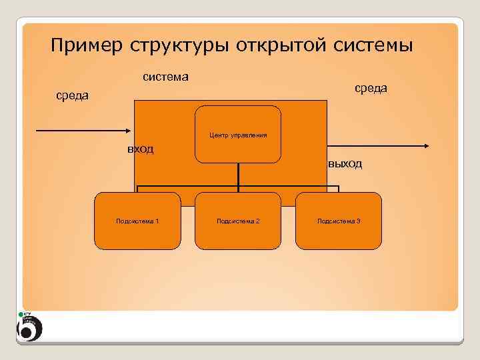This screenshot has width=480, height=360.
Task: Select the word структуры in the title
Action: point(168,46)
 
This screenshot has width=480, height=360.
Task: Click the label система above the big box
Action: point(165,77)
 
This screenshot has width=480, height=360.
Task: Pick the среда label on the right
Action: point(370,88)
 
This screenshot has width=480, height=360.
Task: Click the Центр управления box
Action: point(238,133)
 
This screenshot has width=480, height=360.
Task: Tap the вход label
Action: point(141,149)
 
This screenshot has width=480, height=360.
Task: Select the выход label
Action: point(345,164)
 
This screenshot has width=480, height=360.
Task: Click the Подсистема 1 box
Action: point(137,221)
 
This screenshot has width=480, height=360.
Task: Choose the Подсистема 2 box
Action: point(238,221)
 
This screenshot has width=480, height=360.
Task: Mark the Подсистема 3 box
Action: point(339,221)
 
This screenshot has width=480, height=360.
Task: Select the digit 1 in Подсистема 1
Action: point(157,221)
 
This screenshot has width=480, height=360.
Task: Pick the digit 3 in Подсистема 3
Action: point(359,221)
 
